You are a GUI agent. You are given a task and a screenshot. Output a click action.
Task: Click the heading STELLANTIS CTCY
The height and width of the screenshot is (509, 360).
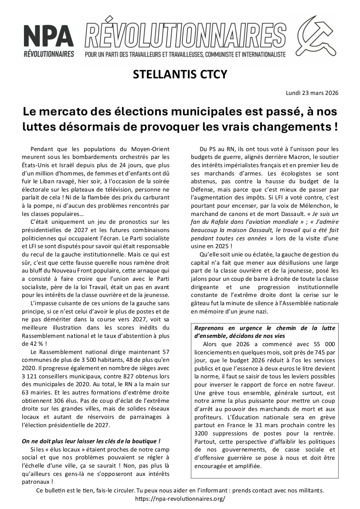click(x=180, y=74)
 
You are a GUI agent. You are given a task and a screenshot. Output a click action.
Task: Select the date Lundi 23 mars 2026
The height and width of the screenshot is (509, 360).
click(x=312, y=93)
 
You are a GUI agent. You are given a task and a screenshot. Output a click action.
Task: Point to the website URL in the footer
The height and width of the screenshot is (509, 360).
click(x=180, y=499)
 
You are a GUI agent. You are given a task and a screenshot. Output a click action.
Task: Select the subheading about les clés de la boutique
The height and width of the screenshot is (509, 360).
click(x=91, y=441)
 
